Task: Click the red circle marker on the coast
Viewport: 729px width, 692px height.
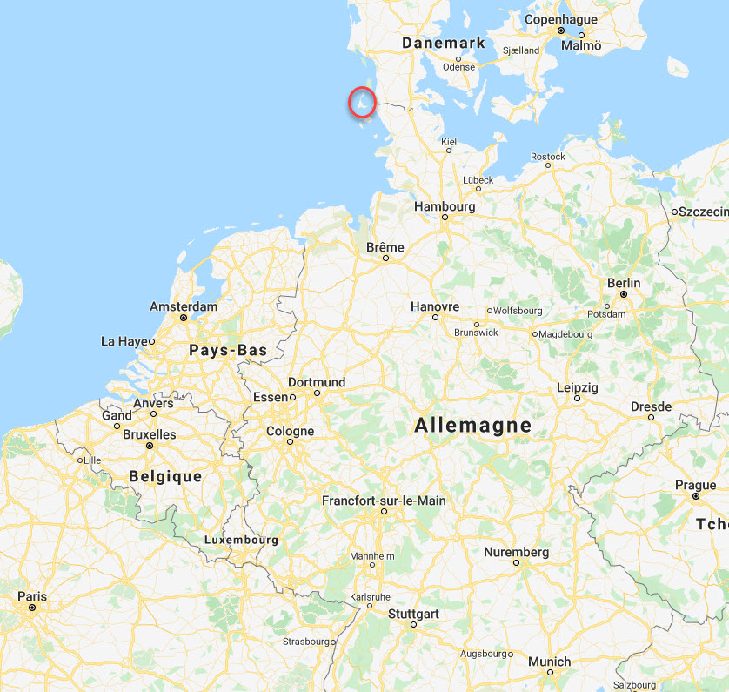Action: coord(362,102)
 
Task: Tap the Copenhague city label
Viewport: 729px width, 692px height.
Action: coord(561,19)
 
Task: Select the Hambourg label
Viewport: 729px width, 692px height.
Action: coord(445,206)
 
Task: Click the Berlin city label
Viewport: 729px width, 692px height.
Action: coord(624,283)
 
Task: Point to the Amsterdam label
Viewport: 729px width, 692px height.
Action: coord(184,306)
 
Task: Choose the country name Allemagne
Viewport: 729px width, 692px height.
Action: coord(472,426)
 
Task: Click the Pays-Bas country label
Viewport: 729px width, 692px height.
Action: coord(228,350)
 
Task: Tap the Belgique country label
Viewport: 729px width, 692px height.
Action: coord(165,476)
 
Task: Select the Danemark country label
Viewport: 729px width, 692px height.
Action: coord(443,43)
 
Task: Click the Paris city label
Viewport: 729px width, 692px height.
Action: coord(32,596)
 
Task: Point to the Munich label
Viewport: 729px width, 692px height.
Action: coord(549,662)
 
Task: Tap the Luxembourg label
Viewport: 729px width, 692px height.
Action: coord(241,540)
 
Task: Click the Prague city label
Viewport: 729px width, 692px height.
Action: coord(696,486)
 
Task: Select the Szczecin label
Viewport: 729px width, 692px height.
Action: coord(704,212)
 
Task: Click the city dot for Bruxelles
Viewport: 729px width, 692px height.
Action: coord(150,446)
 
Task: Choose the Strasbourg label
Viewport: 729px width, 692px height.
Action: coord(308,642)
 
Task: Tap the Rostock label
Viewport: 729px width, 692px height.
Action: coord(548,157)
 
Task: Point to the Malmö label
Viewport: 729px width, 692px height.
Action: coord(580,45)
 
